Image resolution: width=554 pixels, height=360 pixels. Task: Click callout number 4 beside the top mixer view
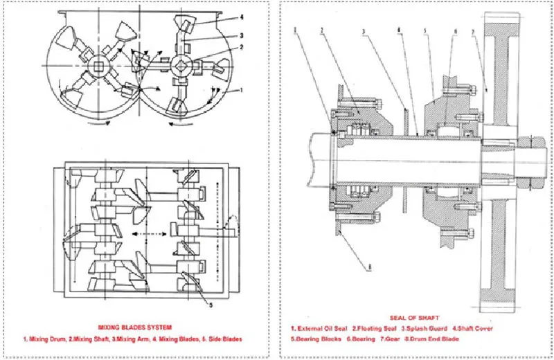(x=241, y=17)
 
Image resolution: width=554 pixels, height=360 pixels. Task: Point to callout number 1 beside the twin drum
(x=241, y=90)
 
